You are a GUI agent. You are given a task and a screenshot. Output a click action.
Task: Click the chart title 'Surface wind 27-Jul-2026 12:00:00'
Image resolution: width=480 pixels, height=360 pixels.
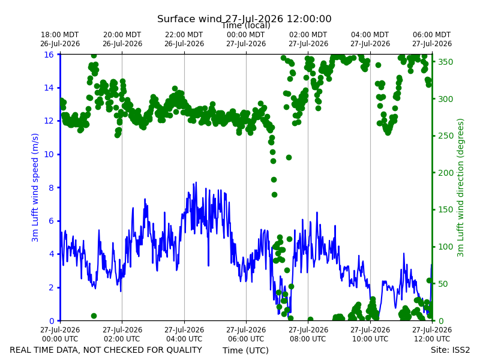244,19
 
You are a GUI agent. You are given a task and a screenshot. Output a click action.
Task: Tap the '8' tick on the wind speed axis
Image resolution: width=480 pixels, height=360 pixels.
51,188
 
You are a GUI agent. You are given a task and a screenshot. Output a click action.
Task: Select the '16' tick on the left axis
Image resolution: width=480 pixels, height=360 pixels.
49,55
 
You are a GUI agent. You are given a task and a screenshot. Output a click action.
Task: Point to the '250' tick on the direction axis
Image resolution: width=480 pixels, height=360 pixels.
445,136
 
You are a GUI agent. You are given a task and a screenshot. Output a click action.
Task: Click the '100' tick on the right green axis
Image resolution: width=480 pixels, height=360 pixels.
445,247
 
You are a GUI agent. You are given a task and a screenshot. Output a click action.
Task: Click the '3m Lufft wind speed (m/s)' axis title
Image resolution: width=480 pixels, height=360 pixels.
35,187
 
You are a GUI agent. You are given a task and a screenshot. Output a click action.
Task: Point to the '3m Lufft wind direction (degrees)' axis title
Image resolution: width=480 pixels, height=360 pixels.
460,188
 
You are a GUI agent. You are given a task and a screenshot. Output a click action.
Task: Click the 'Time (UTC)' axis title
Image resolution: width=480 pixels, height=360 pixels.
245,350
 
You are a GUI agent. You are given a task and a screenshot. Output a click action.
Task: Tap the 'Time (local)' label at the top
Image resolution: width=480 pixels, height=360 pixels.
246,26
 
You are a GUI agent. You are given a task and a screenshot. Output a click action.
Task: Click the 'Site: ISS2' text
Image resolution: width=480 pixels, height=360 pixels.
450,350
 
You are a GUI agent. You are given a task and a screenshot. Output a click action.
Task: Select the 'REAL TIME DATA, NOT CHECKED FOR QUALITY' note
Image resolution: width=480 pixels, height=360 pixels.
106,350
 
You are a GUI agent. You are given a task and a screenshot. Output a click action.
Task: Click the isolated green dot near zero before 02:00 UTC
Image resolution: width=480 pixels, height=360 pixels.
94,316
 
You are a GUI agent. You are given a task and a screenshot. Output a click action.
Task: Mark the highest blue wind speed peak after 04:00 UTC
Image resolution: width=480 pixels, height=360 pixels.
196,182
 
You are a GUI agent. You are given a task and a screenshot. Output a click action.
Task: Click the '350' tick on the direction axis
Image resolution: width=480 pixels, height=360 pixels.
445,62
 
